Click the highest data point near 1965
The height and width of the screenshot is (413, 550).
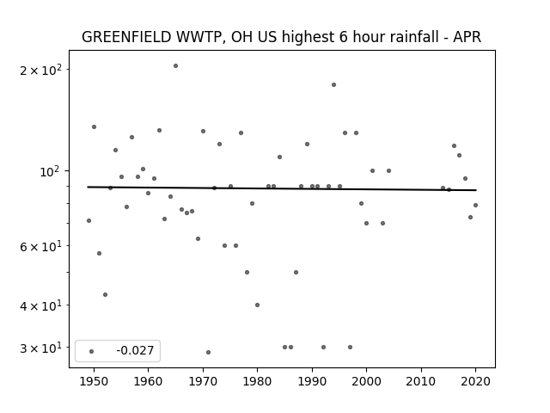click(175, 65)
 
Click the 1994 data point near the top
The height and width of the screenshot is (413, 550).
click(334, 84)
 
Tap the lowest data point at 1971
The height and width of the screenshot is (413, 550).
click(208, 352)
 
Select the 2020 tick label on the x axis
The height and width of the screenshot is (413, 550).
click(475, 381)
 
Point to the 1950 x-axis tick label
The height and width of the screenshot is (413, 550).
click(94, 381)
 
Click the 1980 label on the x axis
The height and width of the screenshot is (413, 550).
click(258, 381)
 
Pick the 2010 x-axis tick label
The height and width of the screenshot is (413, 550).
click(421, 381)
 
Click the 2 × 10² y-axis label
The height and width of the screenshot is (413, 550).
click(40, 70)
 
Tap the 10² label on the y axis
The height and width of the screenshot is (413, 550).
click(51, 171)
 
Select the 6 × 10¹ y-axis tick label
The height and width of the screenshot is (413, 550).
click(40, 246)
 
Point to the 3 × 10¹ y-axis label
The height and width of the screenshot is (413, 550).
click(40, 348)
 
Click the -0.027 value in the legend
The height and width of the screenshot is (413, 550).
click(135, 350)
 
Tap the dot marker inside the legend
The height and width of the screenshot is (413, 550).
click(92, 351)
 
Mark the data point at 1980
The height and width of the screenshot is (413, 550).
click(258, 305)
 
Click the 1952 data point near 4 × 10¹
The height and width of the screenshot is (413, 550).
click(105, 294)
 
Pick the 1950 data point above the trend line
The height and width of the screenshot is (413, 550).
click(94, 126)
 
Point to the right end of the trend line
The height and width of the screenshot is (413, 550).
click(476, 190)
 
